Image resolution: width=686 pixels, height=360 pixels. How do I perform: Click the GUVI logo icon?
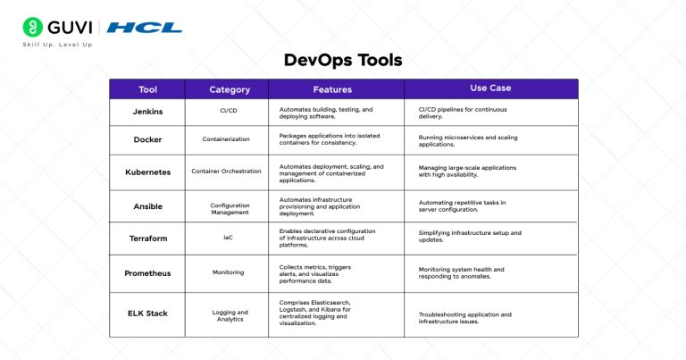[33, 26]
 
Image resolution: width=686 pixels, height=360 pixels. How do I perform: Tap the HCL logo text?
[145, 27]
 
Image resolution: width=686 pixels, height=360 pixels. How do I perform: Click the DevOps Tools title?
[342, 61]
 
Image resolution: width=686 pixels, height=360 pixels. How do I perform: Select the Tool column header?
[147, 89]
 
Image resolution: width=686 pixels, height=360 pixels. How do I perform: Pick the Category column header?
[229, 89]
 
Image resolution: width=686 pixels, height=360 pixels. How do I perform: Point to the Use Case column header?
[489, 88]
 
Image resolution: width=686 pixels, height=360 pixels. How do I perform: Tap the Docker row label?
[147, 140]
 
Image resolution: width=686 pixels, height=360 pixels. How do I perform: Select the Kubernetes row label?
[147, 172]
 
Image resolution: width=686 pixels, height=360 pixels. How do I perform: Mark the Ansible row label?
[147, 205]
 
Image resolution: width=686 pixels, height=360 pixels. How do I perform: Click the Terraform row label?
[147, 238]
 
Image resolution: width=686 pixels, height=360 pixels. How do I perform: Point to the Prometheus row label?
[147, 272]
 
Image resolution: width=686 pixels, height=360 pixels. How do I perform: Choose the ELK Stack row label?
[147, 313]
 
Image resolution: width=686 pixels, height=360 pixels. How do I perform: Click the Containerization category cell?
[229, 140]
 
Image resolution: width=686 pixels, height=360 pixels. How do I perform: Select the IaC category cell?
[228, 238]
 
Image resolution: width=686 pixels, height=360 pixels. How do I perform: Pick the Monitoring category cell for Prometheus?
[228, 272]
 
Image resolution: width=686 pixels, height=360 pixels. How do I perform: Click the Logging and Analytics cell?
[228, 316]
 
